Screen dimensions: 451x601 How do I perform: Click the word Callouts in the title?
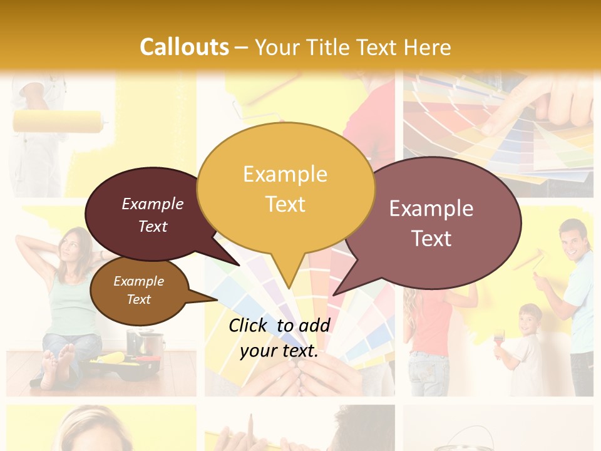click(x=184, y=47)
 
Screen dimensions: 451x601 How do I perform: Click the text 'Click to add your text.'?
click(x=279, y=338)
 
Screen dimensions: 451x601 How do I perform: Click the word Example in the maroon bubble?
click(x=153, y=204)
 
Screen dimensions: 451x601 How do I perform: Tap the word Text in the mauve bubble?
click(x=431, y=239)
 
